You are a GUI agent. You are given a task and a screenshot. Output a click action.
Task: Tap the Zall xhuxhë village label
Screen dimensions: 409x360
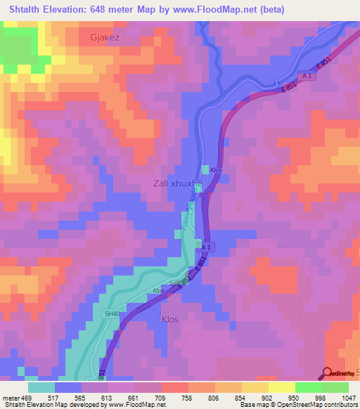point(178,184)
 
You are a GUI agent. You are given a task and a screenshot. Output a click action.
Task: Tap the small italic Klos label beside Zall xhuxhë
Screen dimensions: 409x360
point(216,171)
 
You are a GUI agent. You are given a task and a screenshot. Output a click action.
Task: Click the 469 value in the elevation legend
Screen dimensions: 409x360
point(28,398)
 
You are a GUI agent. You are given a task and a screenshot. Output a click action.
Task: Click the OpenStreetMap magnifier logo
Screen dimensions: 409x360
point(328,373)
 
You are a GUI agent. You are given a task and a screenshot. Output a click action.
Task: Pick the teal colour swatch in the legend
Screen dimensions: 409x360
point(41,387)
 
